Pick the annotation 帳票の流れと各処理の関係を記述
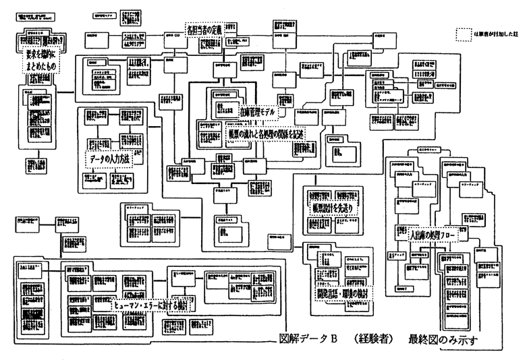pos(265,133)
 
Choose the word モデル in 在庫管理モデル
pos(263,113)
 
